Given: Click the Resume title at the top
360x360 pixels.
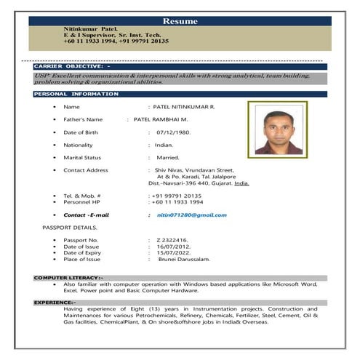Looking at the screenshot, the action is pyautogui.click(x=180, y=22).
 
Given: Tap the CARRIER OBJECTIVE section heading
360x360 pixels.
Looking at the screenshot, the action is pyautogui.click(x=72, y=66).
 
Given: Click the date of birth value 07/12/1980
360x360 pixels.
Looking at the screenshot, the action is pyautogui.click(x=173, y=132).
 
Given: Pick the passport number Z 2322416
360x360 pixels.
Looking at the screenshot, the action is pyautogui.click(x=172, y=240).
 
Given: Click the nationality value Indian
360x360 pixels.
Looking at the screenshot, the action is pyautogui.click(x=164, y=145).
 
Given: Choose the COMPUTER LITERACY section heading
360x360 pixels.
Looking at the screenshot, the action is pyautogui.click(x=69, y=278).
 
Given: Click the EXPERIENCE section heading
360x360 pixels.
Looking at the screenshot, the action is pyautogui.click(x=55, y=302).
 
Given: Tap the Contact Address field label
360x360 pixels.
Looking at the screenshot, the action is pyautogui.click(x=86, y=170).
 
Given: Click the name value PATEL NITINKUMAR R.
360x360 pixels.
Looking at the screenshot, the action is pyautogui.click(x=184, y=107).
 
